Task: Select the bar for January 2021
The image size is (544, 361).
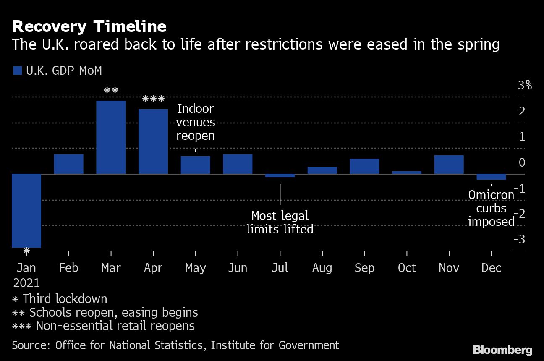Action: coord(26,210)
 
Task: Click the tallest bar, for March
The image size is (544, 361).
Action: coord(111,137)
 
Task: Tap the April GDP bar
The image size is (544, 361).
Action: coord(153,141)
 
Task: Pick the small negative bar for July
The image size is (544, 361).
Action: coord(280,175)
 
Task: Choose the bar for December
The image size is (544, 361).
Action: coord(491,177)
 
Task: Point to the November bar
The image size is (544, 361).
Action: coord(449,165)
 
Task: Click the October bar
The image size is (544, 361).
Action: coord(407,172)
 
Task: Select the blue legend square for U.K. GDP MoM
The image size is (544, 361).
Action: coord(17,71)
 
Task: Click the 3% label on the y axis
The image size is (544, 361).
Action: coord(525,86)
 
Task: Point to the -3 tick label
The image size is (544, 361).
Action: coord(519,240)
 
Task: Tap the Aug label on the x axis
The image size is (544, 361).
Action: coord(322,268)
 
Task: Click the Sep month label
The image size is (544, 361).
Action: coord(364,268)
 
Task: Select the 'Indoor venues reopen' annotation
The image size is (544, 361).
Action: coord(196,122)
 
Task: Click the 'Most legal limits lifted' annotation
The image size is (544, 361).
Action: coord(280,222)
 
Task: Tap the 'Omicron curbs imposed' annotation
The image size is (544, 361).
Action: coord(491,208)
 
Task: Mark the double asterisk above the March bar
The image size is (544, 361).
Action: coord(111,90)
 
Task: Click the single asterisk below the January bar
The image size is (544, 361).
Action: coord(26,251)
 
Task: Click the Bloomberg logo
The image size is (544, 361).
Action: coord(502,350)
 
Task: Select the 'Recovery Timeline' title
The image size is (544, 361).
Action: coord(89,26)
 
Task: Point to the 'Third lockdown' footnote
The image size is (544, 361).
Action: coord(65,299)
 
